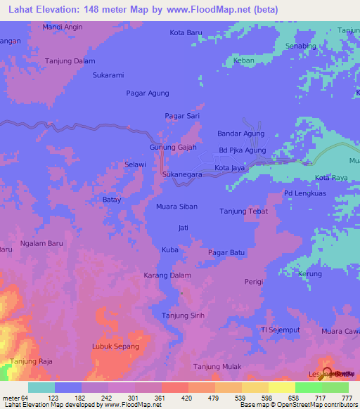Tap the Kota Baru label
[186, 32]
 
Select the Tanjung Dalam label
[70, 61]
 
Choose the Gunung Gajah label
[173, 148]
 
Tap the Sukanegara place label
[182, 173]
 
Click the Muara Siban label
[176, 207]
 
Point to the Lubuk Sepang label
[115, 346]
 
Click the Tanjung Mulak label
[217, 367]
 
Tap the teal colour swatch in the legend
[41, 387]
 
